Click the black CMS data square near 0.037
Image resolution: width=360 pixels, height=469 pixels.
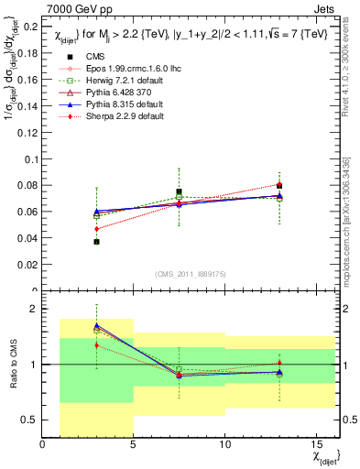96,242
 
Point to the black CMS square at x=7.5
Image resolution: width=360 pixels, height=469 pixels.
180,192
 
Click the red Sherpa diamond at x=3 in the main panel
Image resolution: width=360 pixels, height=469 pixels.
96,229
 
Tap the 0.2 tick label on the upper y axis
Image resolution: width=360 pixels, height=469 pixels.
31,27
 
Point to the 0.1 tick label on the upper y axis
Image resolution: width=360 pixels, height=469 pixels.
31,159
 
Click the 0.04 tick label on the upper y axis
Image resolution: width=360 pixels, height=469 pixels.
27,238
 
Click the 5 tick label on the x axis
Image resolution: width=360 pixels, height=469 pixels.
134,445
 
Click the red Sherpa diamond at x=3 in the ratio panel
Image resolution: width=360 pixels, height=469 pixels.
96,345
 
